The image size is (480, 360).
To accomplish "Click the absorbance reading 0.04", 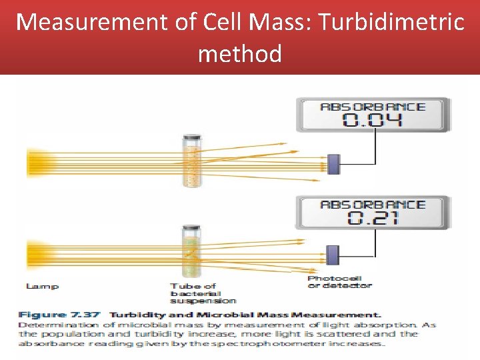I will point(373,120).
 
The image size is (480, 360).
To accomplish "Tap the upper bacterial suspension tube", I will point(192,163).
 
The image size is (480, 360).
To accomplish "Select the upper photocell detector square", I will point(333,164).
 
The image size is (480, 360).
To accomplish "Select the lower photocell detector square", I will point(333,255).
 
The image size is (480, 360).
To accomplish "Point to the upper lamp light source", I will point(33,163).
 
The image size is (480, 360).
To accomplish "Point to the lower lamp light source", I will point(33,255).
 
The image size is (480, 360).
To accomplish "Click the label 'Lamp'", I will point(42,286).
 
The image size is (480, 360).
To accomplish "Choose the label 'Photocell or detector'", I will point(339,282).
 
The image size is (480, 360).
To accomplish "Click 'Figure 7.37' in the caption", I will point(60,315).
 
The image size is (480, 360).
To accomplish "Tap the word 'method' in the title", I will point(239,53).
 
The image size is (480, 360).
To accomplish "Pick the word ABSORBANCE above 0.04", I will point(373,107).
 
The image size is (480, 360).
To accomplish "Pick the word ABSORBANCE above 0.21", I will point(373,204).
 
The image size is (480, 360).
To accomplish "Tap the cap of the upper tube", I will point(192,138).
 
